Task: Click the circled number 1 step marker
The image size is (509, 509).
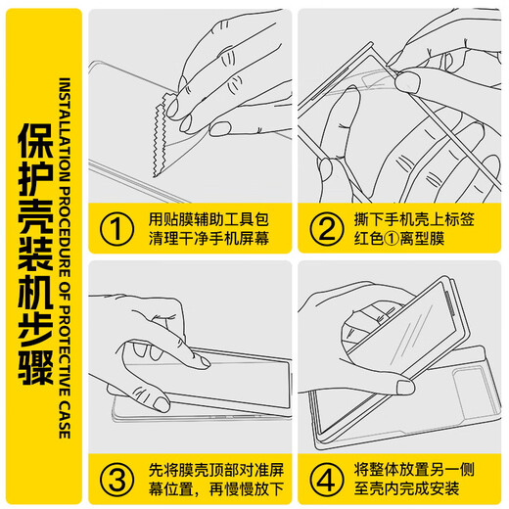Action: coord(116,229)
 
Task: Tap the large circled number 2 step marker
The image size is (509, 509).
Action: coord(327,229)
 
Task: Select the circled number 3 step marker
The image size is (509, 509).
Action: coord(116,480)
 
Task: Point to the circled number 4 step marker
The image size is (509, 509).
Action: coord(327,480)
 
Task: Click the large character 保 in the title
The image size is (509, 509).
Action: coord(36,142)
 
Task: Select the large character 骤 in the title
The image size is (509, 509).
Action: coord(36,368)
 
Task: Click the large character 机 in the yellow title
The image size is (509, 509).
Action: coord(36,293)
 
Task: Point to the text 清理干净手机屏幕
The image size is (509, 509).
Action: coord(209,239)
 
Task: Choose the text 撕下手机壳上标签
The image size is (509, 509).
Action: coord(414,219)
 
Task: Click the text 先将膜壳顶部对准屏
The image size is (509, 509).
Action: coord(216,470)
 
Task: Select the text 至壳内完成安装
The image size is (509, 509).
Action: coord(407,489)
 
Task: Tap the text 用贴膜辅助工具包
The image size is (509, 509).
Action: coord(209,219)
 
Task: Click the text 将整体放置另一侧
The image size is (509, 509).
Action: coord(414,470)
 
